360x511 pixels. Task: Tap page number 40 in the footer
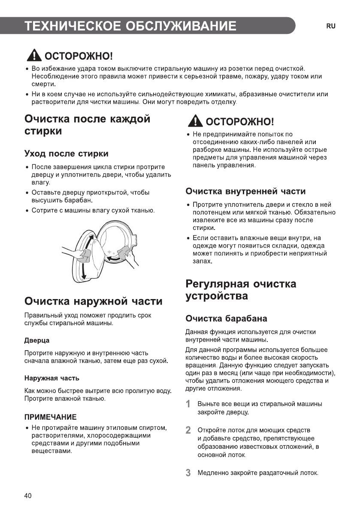28,496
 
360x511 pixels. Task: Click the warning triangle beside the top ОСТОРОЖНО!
33,55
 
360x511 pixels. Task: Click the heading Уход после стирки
67,154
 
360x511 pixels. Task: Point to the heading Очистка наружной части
94,301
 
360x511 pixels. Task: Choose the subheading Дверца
36,340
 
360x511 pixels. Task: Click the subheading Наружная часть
51,378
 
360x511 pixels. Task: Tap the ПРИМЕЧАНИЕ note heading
50,417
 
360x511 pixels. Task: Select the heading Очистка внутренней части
245,191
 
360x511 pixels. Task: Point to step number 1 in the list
188,404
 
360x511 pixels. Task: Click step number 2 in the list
188,430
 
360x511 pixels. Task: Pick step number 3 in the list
188,473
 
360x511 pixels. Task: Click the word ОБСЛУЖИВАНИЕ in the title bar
181,26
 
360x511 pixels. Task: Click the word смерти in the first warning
43,85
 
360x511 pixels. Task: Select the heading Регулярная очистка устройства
241,290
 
